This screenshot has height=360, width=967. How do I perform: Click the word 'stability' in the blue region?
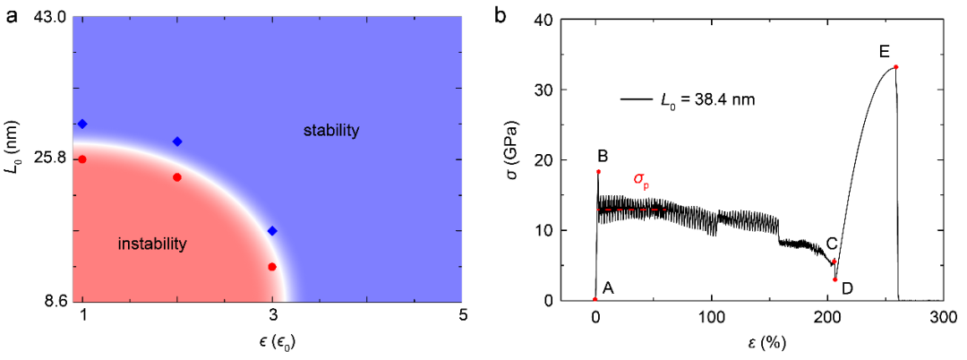pyautogui.click(x=330, y=131)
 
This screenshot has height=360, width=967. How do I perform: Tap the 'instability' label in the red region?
pyautogui.click(x=152, y=244)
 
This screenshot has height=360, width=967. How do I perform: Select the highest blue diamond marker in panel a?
pyautogui.click(x=82, y=124)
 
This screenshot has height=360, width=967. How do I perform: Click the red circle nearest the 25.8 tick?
pyautogui.click(x=82, y=159)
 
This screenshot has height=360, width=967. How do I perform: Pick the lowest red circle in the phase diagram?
pyautogui.click(x=272, y=267)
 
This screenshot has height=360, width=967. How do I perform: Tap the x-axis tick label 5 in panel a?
pyautogui.click(x=462, y=315)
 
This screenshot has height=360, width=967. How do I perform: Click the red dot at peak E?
pyautogui.click(x=895, y=67)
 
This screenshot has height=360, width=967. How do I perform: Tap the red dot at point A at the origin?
pyautogui.click(x=595, y=300)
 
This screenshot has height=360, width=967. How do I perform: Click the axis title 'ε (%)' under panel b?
pyautogui.click(x=767, y=343)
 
